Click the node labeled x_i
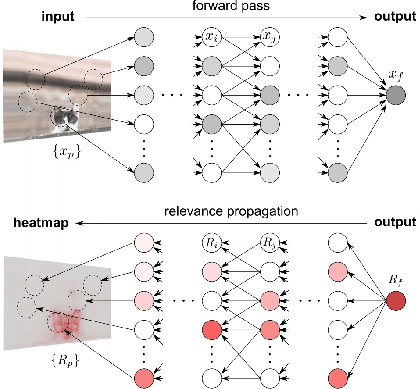click(x=211, y=36)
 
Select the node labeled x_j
click(x=269, y=36)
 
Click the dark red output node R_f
click(x=396, y=301)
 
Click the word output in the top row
click(x=395, y=17)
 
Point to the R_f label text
click(x=396, y=279)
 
